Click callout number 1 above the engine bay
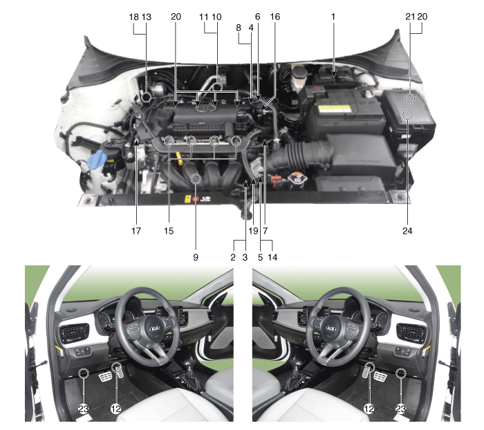point(333,17)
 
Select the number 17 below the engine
point(136,231)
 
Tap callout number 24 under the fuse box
point(407,231)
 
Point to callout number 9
point(196,257)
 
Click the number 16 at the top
point(274,17)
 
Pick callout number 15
point(169,231)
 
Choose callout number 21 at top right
point(410,17)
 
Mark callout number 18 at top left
point(133,17)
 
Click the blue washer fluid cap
point(97,159)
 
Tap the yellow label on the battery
point(335,109)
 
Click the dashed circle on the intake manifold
point(196,178)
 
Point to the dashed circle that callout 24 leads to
point(407,115)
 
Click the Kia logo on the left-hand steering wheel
point(155,328)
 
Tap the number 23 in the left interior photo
point(84,409)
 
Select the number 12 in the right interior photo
point(369,409)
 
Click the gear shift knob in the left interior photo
point(189,365)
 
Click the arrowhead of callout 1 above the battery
point(333,74)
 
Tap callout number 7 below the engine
point(265,231)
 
